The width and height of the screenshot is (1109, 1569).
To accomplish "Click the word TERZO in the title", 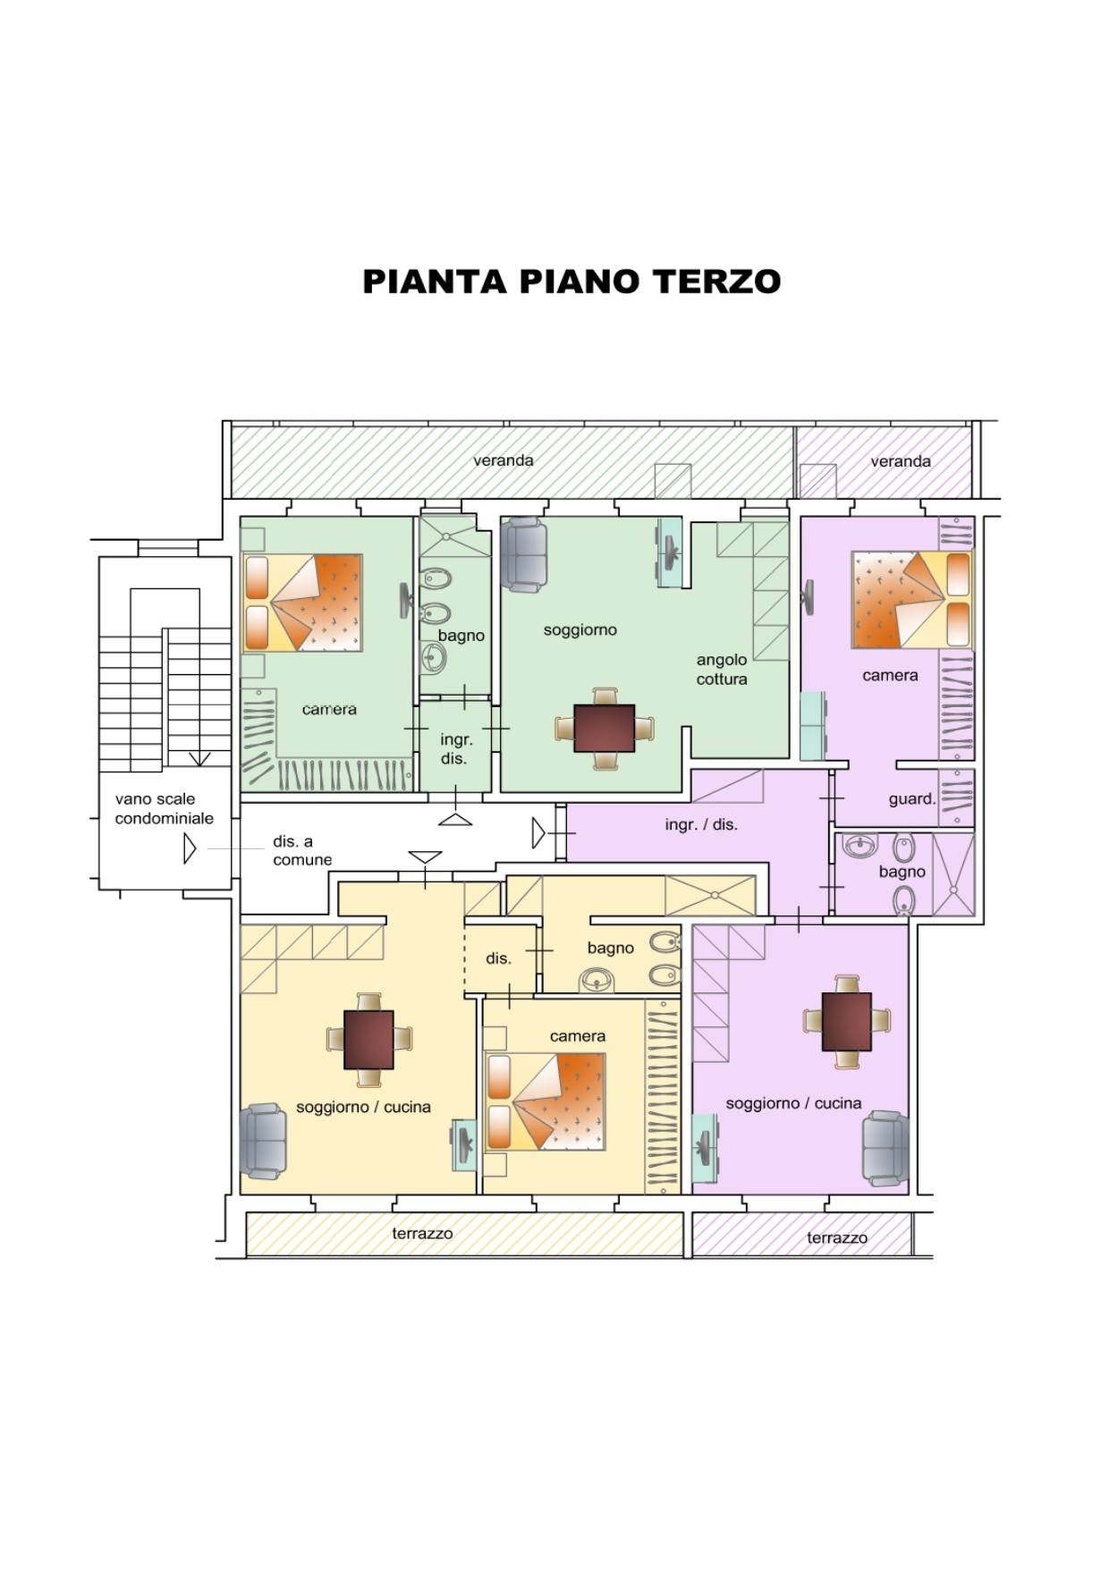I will (x=715, y=282).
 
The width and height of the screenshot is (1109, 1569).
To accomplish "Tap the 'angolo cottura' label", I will (x=722, y=670).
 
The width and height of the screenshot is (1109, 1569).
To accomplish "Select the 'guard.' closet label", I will (x=911, y=799).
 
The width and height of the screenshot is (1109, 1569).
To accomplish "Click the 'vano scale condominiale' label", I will (x=164, y=809).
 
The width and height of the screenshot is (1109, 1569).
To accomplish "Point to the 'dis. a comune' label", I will (x=302, y=851).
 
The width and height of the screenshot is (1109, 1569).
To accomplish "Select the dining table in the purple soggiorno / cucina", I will (x=846, y=1022).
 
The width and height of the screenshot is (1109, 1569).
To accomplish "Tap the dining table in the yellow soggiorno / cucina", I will (x=368, y=1040).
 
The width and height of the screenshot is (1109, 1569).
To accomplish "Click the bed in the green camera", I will (x=302, y=603).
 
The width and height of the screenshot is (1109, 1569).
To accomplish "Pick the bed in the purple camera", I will (x=911, y=599).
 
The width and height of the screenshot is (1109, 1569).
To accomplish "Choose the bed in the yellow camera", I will (x=546, y=1102).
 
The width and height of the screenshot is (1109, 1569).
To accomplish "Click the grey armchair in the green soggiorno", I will (x=523, y=553).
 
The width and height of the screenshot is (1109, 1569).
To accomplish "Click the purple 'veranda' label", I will (x=901, y=461).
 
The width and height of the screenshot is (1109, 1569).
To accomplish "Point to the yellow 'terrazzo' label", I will (x=422, y=1234).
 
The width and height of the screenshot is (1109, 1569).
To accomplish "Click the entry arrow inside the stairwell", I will (x=189, y=848).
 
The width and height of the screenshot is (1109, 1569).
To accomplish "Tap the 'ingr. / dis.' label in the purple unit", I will (x=701, y=825).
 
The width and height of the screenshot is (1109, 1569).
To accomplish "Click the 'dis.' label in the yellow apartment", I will (x=498, y=958).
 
